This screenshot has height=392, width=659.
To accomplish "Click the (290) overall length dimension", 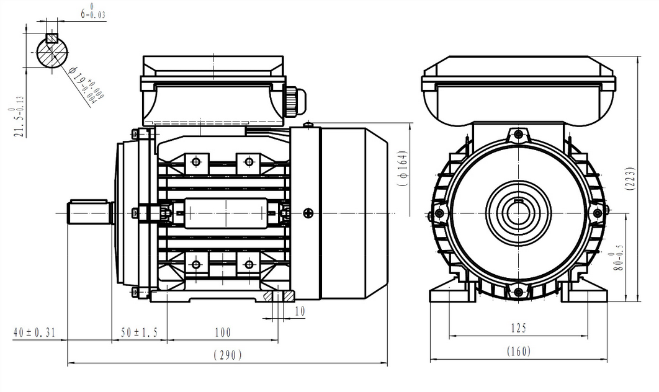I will (x=227, y=355).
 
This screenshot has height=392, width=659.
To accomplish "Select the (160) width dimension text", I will (x=518, y=351).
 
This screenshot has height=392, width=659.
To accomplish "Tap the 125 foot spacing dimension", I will (x=518, y=327).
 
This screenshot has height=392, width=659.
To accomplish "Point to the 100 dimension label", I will (x=222, y=333).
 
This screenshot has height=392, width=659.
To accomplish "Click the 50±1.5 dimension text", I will (x=139, y=333).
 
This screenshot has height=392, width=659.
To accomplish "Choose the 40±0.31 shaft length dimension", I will (x=35, y=333).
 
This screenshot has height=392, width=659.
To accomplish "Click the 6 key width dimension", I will (x=90, y=12).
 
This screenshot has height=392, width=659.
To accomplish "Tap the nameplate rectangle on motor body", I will (x=226, y=213).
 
